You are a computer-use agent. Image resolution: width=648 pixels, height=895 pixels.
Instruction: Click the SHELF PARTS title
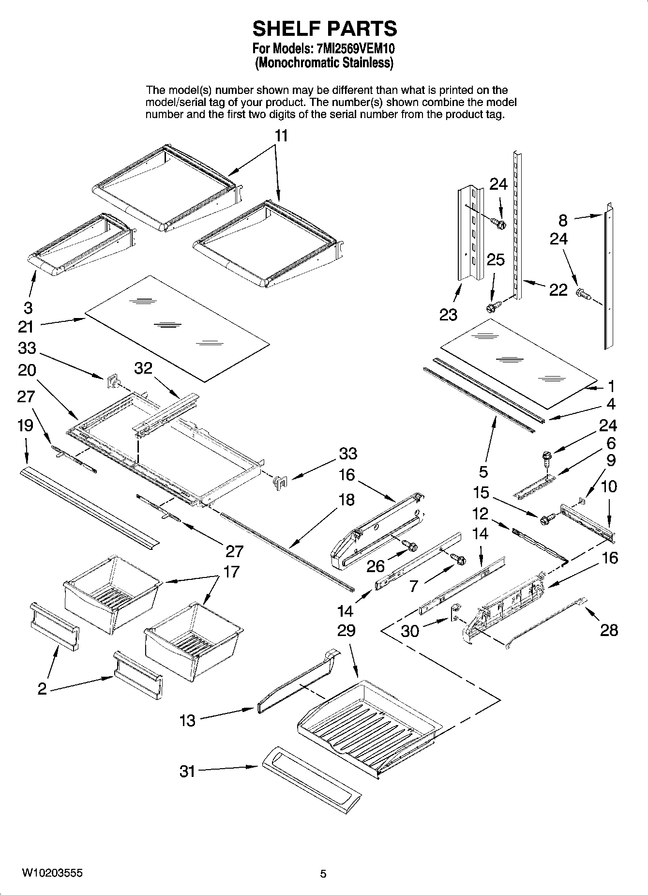(x=324, y=29)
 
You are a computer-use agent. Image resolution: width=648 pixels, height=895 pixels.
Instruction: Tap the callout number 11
(x=281, y=136)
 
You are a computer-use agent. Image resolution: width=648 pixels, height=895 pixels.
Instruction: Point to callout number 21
(x=26, y=327)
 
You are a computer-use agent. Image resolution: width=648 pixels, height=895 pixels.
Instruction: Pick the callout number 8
(x=563, y=220)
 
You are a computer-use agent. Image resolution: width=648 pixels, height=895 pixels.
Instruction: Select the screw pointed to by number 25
(x=492, y=307)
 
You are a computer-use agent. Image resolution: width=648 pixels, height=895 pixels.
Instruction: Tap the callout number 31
(x=187, y=771)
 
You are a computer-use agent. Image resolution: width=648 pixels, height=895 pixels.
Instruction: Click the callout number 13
(x=187, y=720)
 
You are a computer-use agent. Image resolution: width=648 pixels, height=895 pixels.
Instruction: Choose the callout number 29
(x=347, y=630)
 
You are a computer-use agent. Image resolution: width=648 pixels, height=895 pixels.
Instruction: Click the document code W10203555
(x=52, y=873)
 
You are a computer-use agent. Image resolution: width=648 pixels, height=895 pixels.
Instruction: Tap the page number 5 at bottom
(x=323, y=874)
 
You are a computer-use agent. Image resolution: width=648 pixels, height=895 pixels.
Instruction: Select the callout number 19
(x=26, y=425)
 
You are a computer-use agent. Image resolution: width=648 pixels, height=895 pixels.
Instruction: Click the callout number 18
(x=347, y=500)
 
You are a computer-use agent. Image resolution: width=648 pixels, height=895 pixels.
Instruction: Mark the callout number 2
(x=43, y=688)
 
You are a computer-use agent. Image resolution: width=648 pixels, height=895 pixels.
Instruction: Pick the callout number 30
(x=410, y=631)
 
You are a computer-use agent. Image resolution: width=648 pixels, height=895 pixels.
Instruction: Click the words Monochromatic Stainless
(x=324, y=62)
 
